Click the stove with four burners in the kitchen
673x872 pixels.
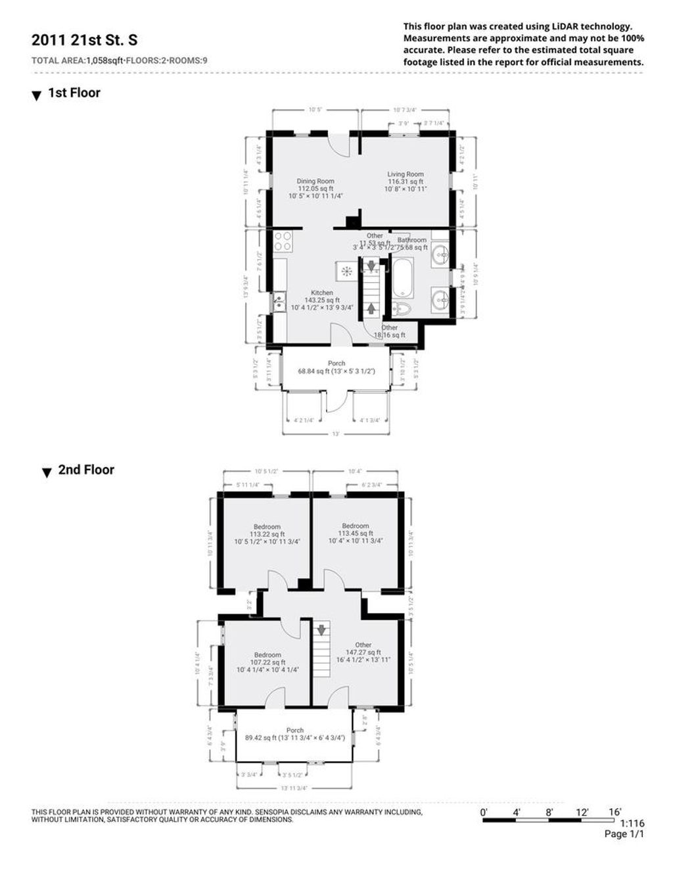(283, 241)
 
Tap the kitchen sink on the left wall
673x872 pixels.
(279, 303)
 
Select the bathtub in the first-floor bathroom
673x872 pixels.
(402, 277)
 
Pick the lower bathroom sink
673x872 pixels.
(441, 301)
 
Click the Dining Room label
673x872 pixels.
(315, 181)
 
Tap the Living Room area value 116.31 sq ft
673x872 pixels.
(406, 182)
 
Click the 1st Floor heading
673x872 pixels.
(74, 93)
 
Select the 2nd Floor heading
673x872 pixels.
(86, 470)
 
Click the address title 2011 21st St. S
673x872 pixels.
(85, 40)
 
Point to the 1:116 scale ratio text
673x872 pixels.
(632, 823)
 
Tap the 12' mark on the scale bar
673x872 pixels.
(582, 812)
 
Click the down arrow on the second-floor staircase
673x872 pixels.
(321, 630)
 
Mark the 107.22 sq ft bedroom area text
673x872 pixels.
(267, 662)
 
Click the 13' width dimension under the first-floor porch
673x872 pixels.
(335, 434)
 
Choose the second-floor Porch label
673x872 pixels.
(295, 730)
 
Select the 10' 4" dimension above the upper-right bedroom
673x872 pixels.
(355, 471)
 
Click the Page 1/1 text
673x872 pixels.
(624, 834)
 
